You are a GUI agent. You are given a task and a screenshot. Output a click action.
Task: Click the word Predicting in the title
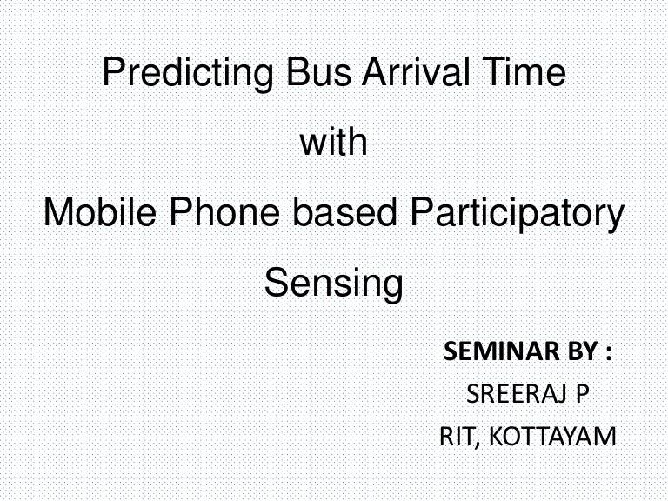[x=188, y=74]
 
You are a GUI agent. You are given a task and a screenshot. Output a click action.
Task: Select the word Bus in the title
[x=318, y=71]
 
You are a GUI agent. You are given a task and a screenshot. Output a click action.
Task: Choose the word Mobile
[x=100, y=211]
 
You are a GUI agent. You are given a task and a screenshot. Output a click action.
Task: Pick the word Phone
[x=224, y=211]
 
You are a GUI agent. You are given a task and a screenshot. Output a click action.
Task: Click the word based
[x=345, y=211]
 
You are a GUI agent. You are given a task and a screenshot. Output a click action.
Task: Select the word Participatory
[x=517, y=215]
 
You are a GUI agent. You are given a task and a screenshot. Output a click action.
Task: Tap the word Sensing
[x=334, y=284]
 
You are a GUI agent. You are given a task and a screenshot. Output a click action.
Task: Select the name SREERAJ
[x=517, y=394]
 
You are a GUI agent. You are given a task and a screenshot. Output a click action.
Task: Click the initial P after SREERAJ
[x=583, y=394]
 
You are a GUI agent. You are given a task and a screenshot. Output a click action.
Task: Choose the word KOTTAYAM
[x=552, y=437]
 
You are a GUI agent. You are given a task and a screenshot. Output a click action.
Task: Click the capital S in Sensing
[x=277, y=282]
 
